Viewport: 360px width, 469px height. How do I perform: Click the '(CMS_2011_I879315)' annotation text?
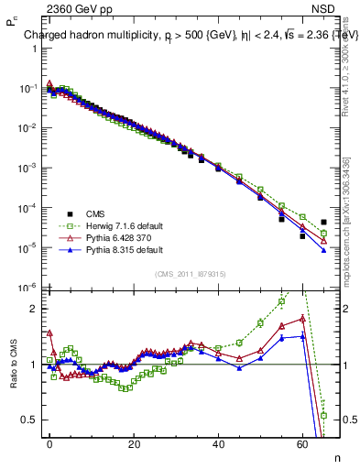(x=189, y=274)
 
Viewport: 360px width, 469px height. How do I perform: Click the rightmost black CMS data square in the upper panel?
(x=324, y=223)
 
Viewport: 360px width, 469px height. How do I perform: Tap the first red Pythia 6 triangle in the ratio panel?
(x=50, y=333)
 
